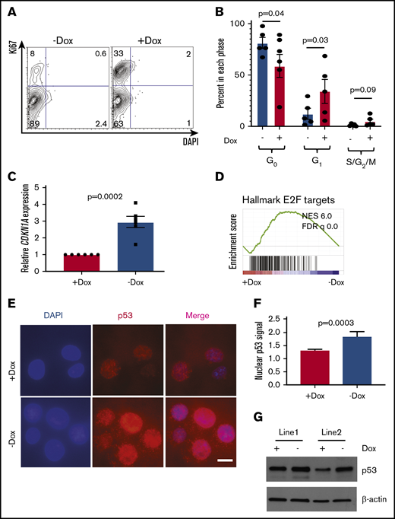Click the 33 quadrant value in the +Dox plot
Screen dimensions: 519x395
point(120,55)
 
